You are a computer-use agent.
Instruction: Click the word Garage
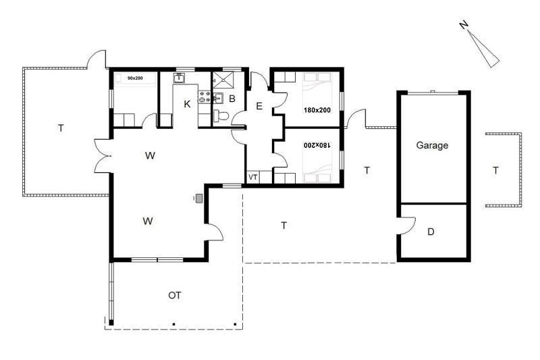pos(432,145)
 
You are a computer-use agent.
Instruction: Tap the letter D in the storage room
pos(431,232)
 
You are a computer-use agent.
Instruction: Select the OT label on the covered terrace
pos(175,295)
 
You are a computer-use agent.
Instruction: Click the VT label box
pos(253,178)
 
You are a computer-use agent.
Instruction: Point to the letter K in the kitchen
pos(187,104)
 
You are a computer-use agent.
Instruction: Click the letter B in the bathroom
pos(232,99)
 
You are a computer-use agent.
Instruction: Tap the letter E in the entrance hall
pos(259,106)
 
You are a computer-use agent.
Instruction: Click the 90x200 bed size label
pos(135,78)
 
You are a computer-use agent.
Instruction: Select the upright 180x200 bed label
pos(317,110)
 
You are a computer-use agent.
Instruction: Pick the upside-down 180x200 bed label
pos(317,145)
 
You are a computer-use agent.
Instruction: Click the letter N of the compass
pos(464,24)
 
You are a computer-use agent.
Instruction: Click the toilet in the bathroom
pos(221,115)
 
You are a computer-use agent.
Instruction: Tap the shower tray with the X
pos(223,81)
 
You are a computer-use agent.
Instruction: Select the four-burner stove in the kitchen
pos(205,97)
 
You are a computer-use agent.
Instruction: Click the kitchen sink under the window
pos(179,78)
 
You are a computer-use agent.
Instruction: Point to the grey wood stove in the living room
pos(198,199)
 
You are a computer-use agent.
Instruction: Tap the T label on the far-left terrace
pos(61,128)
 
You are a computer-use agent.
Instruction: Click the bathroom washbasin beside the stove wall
pos(217,98)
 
